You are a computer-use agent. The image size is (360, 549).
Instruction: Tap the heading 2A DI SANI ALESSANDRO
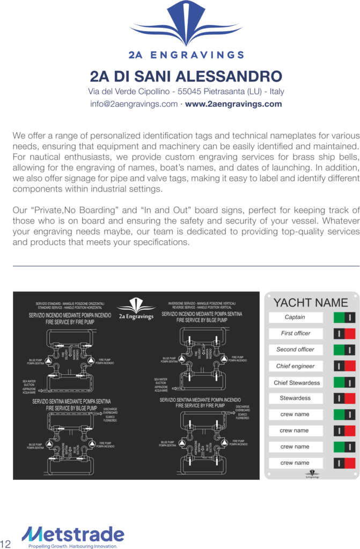point(186,75)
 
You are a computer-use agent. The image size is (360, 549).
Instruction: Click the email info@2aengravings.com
point(134,104)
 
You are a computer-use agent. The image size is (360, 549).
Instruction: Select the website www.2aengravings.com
point(233,104)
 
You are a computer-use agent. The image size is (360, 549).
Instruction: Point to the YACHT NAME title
point(311,302)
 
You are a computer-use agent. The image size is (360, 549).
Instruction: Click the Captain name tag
point(295,317)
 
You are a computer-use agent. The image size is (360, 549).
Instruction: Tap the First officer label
point(295,333)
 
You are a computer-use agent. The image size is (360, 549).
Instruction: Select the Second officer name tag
point(295,350)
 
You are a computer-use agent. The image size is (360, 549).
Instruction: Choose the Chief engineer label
point(295,366)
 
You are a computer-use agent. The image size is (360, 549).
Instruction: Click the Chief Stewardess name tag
point(296,383)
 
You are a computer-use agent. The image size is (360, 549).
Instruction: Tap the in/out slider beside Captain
point(344,317)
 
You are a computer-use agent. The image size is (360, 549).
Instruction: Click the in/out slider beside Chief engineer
point(344,366)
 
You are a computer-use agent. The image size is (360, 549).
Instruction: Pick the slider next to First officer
point(344,333)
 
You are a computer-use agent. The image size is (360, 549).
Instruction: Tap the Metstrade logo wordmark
point(73,533)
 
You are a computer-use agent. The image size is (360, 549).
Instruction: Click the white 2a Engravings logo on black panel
point(136,310)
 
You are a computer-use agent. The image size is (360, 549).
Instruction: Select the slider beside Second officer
point(344,350)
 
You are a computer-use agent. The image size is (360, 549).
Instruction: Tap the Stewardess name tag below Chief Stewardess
point(295,398)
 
